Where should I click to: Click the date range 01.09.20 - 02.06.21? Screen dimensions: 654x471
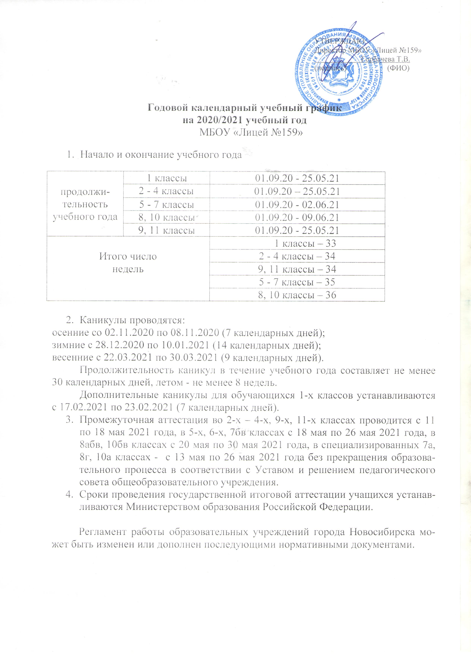click(x=297, y=205)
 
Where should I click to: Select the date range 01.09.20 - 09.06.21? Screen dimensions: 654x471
click(x=297, y=217)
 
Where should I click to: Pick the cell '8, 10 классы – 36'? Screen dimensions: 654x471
click(x=297, y=295)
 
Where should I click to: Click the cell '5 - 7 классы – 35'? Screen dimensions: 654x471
click(x=297, y=282)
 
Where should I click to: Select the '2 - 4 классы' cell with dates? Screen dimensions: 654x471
click(x=166, y=191)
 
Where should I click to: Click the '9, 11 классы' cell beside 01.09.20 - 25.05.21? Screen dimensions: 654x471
click(x=166, y=230)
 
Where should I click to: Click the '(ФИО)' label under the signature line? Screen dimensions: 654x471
click(x=398, y=68)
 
